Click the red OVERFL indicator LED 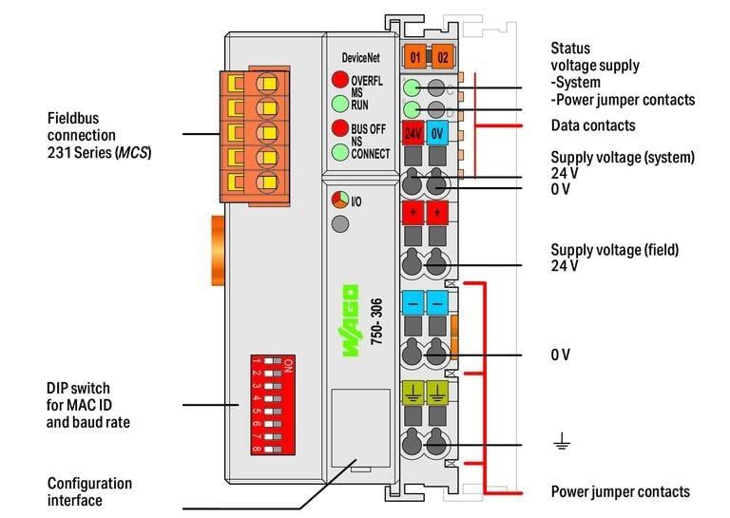(338, 80)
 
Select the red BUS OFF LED (338, 127)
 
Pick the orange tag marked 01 (415, 57)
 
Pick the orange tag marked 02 (442, 57)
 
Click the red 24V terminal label (413, 133)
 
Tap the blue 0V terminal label (438, 133)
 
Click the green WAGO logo (350, 320)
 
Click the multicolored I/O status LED (339, 201)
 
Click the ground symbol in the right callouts (561, 441)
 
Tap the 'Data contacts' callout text (593, 125)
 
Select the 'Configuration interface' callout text (89, 491)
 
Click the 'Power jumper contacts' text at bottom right (620, 491)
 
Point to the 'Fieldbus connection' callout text (99, 135)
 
